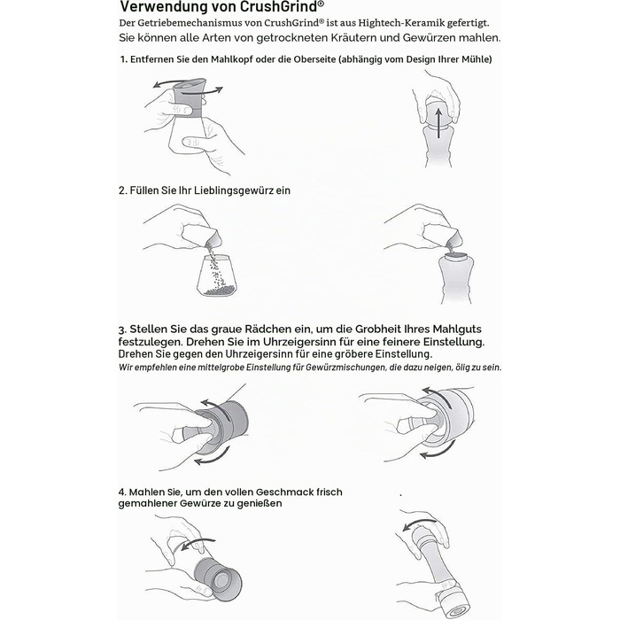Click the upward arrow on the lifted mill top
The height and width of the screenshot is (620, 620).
[438, 123]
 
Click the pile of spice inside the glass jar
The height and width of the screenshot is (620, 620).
[218, 292]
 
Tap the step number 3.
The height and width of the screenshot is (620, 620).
[122, 329]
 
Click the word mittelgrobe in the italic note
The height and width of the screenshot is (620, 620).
[223, 368]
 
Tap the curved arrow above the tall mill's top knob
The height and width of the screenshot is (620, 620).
[419, 524]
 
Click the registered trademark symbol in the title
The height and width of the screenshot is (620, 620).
[321, 4]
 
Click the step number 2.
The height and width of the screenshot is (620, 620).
[123, 190]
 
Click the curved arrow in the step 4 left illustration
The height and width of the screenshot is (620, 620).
[197, 544]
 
